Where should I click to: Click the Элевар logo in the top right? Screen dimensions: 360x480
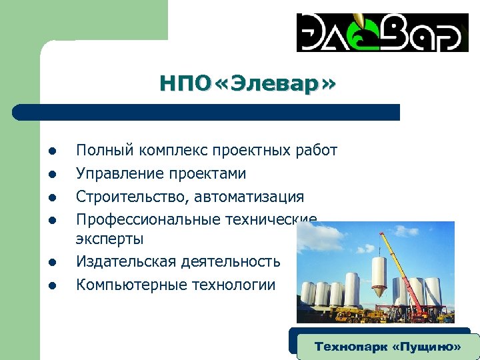[379, 32]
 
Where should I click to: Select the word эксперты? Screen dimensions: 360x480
[110, 239]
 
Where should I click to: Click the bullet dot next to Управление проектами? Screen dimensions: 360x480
[51, 175]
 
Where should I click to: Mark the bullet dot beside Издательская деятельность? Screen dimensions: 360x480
[51, 263]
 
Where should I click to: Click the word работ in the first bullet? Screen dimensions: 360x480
[315, 151]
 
